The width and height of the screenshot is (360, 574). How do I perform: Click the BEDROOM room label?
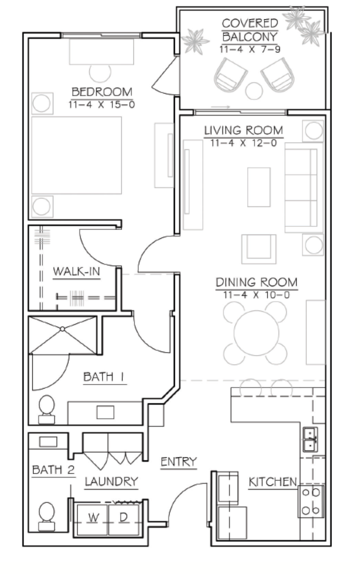pos(102,92)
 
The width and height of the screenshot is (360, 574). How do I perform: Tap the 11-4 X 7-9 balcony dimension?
pos(250,49)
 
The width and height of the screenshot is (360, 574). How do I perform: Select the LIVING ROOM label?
pos(244,130)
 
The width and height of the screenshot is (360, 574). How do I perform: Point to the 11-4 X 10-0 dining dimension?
pos(256,295)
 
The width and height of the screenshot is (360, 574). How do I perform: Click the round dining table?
pos(256,333)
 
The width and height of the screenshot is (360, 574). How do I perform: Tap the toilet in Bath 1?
pos(47,410)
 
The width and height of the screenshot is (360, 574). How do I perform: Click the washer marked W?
pos(92,520)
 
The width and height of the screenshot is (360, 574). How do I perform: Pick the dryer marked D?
pos(124,520)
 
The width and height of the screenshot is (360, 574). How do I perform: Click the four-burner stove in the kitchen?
pos(311,501)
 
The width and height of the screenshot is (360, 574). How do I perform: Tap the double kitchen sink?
pos(310,439)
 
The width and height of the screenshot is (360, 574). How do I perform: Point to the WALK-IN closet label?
pos(77,271)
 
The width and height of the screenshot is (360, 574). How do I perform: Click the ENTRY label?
pos(179,462)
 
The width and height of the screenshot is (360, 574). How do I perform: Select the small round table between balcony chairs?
pos(254,91)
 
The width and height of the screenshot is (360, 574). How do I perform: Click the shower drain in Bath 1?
pos(63,329)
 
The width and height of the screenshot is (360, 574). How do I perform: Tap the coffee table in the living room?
pos(259,187)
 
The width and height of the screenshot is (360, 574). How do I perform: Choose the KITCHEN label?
pos(273,482)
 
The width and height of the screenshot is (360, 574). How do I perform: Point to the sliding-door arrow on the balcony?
pos(220,107)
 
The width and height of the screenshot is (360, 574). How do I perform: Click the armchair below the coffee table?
pos(259,249)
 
